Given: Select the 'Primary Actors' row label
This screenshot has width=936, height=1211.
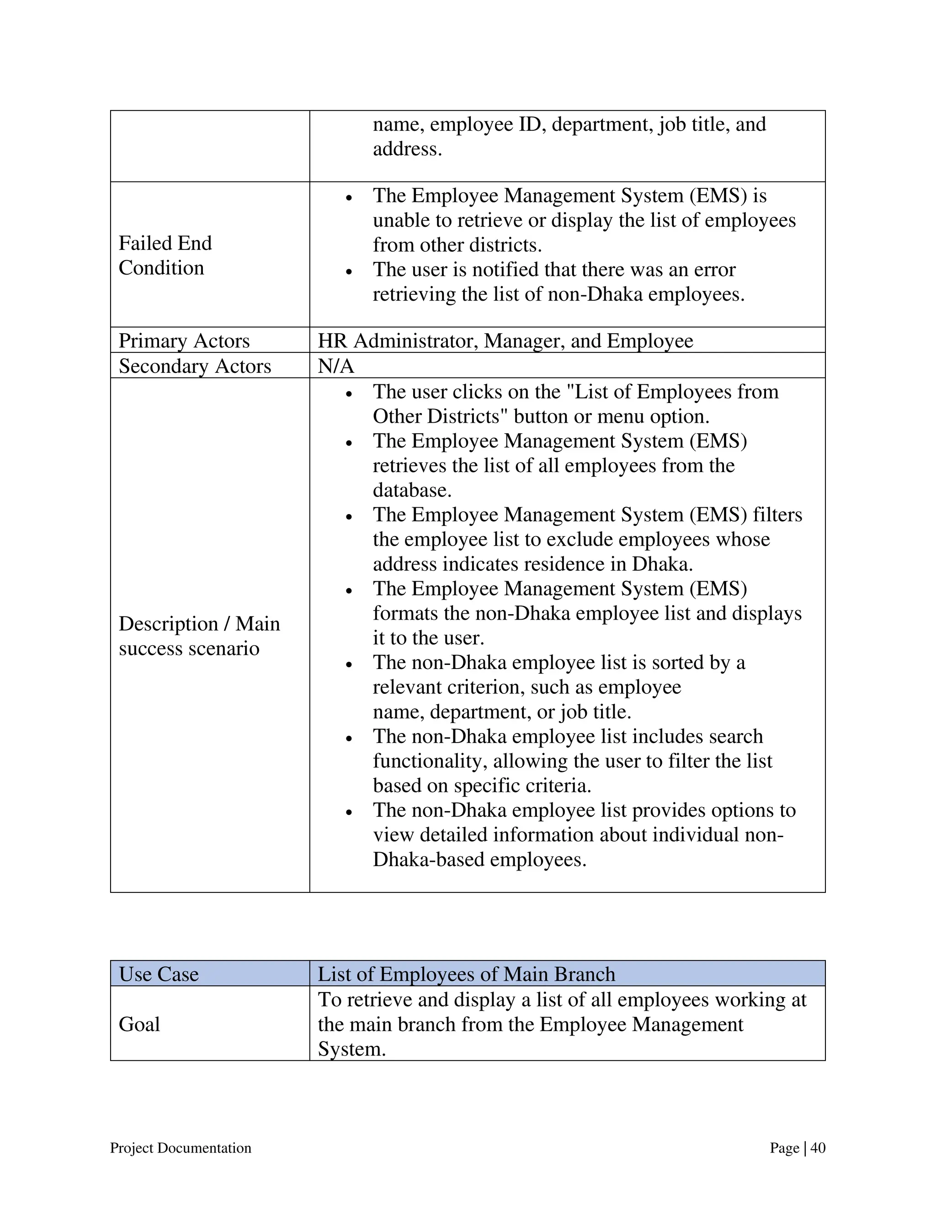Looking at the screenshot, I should [x=184, y=340].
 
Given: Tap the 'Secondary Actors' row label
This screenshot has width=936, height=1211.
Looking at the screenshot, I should [x=195, y=366].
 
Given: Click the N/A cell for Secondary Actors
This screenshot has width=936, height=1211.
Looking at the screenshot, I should [x=335, y=366].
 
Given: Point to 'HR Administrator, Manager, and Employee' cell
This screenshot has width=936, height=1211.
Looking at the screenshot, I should [x=505, y=340].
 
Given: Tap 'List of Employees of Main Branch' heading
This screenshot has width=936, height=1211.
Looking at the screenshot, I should [x=466, y=974].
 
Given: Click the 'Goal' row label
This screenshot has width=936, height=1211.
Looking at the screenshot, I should [x=139, y=1024].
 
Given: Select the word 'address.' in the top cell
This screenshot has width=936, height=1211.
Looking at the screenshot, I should [x=407, y=149].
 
